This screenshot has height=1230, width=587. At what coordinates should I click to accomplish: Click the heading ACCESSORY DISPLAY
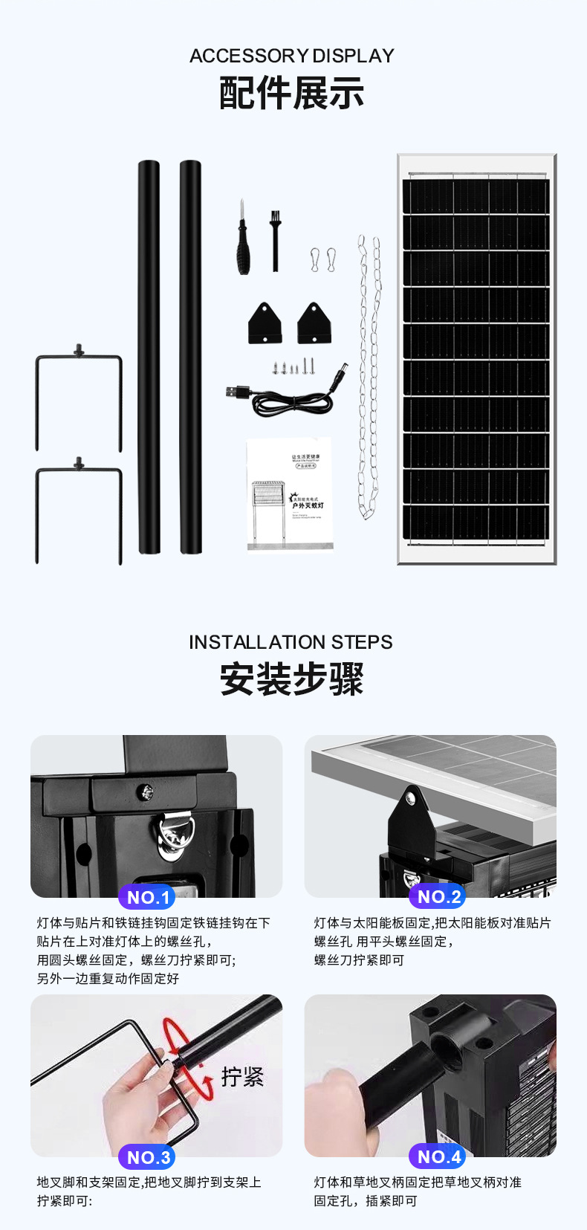tap(292, 56)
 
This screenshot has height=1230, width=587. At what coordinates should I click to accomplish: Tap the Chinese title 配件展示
tap(292, 94)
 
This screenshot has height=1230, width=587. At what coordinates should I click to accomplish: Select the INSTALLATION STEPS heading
tap(291, 642)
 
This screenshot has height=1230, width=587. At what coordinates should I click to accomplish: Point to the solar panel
tap(476, 359)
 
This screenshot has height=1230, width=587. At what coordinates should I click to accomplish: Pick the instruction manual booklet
tap(290, 494)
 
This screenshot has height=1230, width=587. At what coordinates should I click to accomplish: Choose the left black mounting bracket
tap(265, 323)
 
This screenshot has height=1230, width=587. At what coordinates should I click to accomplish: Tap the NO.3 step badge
tap(147, 1157)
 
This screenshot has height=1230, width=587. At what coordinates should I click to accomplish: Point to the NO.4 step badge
tap(438, 1156)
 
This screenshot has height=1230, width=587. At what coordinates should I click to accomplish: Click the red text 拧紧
tap(242, 1076)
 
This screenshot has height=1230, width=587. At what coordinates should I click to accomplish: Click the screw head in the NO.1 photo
tap(147, 792)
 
